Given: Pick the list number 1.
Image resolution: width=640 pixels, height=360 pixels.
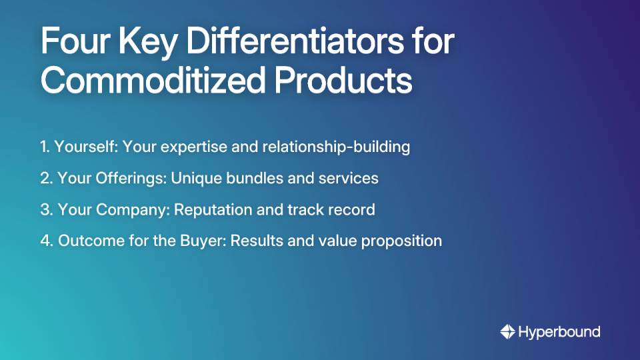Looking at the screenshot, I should click(44, 147).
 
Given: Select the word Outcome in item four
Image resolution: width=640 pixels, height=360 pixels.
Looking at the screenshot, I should click(88, 241).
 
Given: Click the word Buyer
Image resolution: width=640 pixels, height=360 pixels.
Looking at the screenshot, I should click(205, 241).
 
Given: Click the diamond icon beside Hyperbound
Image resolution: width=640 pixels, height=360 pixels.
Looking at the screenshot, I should click(507, 331).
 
